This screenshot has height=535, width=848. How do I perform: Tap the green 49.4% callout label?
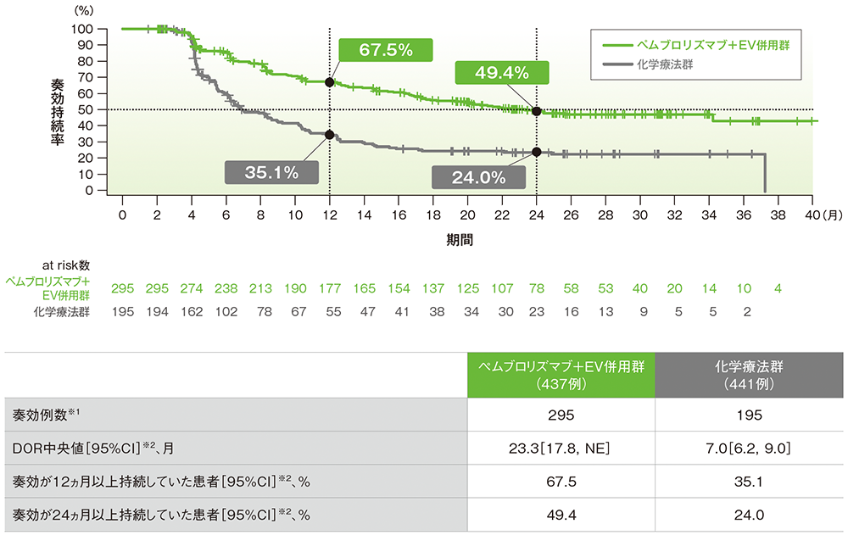click(x=502, y=73)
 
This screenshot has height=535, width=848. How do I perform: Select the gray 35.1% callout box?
click(x=271, y=173)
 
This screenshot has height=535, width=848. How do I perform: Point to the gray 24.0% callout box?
click(x=479, y=178)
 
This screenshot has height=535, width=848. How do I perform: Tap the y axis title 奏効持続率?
click(x=58, y=110)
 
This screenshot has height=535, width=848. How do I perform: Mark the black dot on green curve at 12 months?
click(x=329, y=82)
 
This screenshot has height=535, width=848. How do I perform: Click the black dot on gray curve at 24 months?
click(x=536, y=152)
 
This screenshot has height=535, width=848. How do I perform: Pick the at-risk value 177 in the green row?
click(x=329, y=288)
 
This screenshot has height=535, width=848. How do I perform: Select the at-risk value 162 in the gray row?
click(x=191, y=311)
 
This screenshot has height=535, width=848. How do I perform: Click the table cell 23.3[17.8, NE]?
click(x=562, y=448)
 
